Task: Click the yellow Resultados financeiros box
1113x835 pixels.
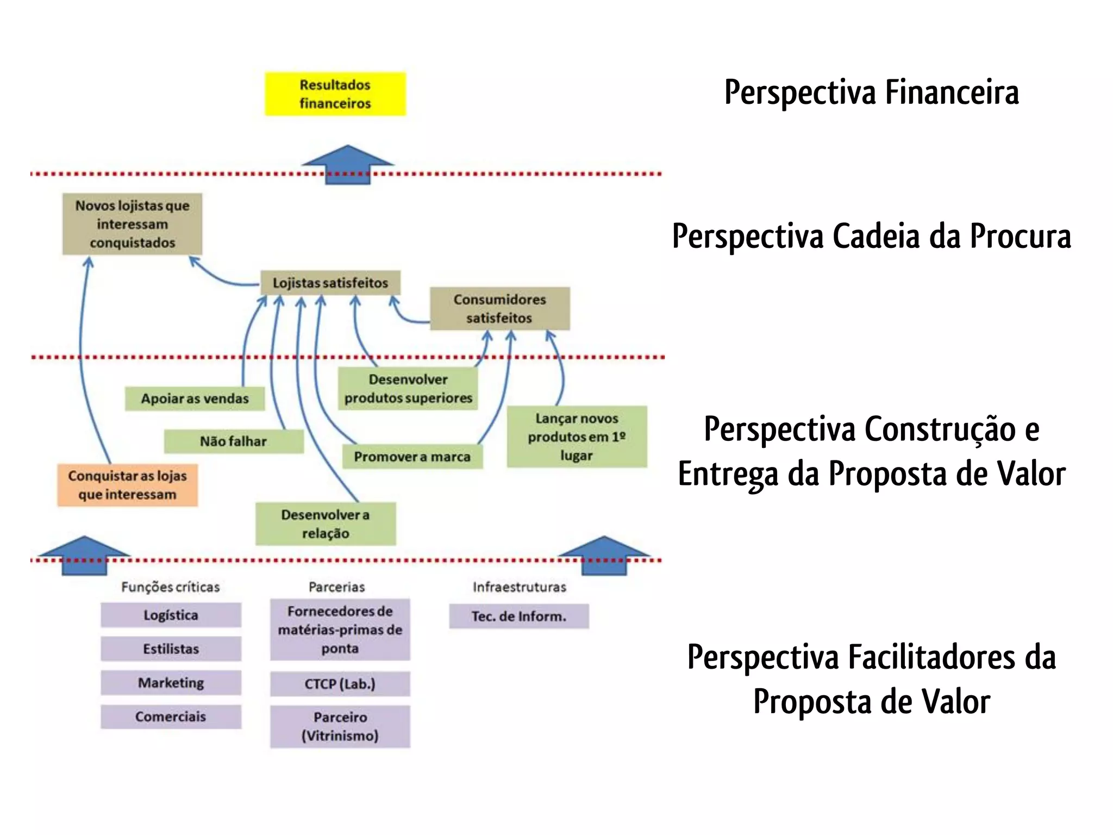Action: coord(335,94)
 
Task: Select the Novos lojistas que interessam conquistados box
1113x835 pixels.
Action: coord(132,224)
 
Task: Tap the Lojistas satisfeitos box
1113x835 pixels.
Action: coord(330,283)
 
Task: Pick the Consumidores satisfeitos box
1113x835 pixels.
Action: coord(499,308)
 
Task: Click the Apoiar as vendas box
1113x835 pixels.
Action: coord(195,398)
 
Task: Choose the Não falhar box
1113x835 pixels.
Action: coord(234,441)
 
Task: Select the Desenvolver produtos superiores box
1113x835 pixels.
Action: coord(408,388)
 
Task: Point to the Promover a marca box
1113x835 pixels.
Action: coord(412,457)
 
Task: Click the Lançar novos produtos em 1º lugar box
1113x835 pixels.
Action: coord(577,437)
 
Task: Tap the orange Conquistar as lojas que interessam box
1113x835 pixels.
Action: coord(128,485)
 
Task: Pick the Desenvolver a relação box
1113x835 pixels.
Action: coord(326,524)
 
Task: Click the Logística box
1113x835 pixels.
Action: coord(171,615)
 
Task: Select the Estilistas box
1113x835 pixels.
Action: coord(171,649)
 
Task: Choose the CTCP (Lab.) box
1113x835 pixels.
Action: coord(340,684)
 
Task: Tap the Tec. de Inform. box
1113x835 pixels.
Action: coord(518,616)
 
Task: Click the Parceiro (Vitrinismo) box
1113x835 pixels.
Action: coord(340,726)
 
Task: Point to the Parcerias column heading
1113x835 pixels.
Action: coord(336,587)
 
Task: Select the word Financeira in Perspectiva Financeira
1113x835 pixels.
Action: coord(952,92)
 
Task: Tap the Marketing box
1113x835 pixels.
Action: coord(171,683)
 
